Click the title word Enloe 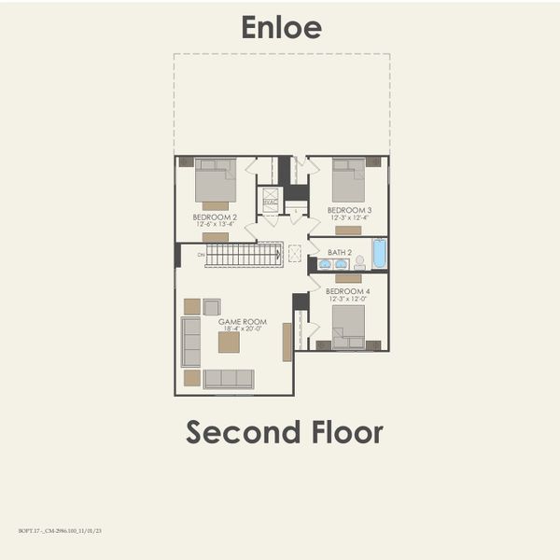pos(281,27)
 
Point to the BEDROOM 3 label pos(351,210)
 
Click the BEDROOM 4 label pos(347,291)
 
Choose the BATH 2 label pos(340,252)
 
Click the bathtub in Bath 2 pos(379,254)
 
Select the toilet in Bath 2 pos(359,263)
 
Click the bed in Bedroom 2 pos(216,180)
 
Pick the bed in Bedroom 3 pos(349,180)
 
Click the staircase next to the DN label pos(243,255)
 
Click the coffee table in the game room pos(229,343)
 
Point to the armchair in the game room pos(212,307)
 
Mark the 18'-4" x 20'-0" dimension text pos(243,329)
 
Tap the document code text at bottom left pos(60,530)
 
